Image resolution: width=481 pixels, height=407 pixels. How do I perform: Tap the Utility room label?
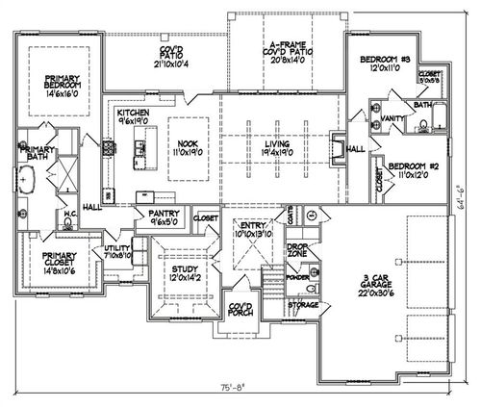coord(117,252)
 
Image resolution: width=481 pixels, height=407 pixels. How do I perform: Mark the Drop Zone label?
coord(297,250)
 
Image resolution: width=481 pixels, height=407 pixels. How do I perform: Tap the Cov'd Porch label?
coord(240,312)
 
